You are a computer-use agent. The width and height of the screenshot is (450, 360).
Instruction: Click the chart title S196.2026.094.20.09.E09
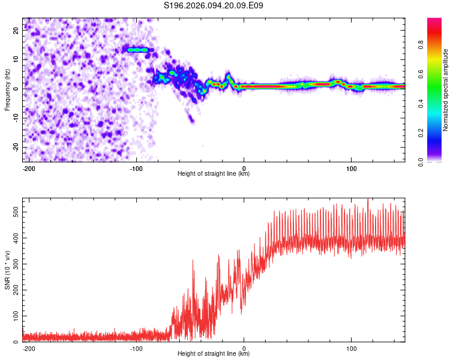pos(214,5)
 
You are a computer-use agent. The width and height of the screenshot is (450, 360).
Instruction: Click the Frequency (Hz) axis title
pos(8,90)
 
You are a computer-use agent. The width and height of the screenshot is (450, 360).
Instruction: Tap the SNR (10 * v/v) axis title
pos(8,270)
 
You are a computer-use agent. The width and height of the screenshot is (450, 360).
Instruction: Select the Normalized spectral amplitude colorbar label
pos(446,90)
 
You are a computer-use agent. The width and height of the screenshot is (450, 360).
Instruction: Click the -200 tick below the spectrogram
pos(28,167)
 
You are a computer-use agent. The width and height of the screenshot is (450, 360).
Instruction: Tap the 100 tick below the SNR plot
pos(351,347)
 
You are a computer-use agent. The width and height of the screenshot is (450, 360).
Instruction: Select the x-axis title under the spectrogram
pos(214,173)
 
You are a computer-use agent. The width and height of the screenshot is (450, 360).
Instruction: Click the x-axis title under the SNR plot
pos(214,353)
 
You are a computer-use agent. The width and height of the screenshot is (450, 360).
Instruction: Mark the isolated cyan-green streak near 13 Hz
pos(137,50)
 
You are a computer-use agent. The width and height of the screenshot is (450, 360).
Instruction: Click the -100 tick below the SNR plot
pos(136,347)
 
